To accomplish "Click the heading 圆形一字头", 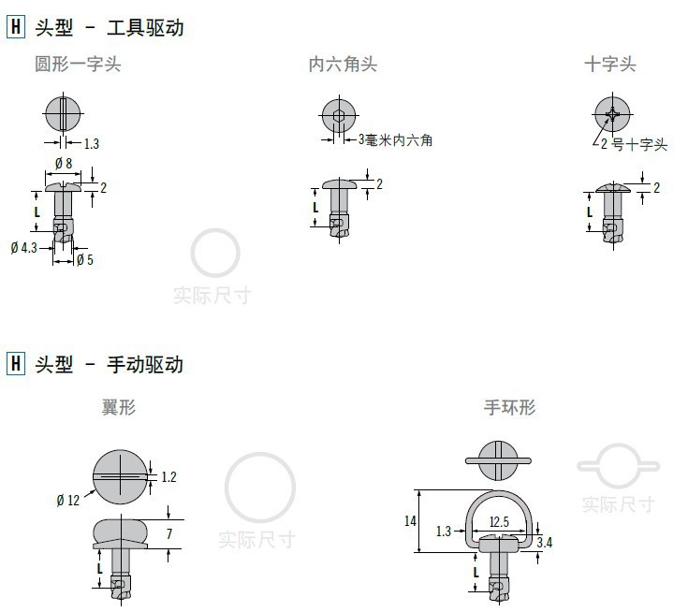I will (x=78, y=65).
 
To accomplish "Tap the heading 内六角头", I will (x=343, y=65).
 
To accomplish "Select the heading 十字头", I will (x=609, y=65).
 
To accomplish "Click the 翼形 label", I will (x=119, y=408).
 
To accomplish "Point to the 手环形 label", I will (x=509, y=408).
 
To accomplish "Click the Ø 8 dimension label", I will (x=64, y=164).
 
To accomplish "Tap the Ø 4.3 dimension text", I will (x=24, y=248).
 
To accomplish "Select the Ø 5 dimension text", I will (x=84, y=259).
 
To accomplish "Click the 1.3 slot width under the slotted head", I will (x=92, y=144).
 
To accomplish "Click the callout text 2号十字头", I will (x=634, y=144).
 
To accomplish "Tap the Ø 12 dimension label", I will (x=67, y=501).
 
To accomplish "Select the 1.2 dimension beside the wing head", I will (x=168, y=477).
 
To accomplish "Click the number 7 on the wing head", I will (x=169, y=534).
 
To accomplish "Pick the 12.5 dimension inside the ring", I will (x=498, y=521).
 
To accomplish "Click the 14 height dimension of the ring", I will (x=409, y=520).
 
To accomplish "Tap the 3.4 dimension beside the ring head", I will (x=544, y=542).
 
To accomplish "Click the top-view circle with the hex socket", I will (x=338, y=117).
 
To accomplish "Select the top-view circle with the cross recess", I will (x=612, y=116).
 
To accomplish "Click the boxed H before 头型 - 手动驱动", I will (x=15, y=364).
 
